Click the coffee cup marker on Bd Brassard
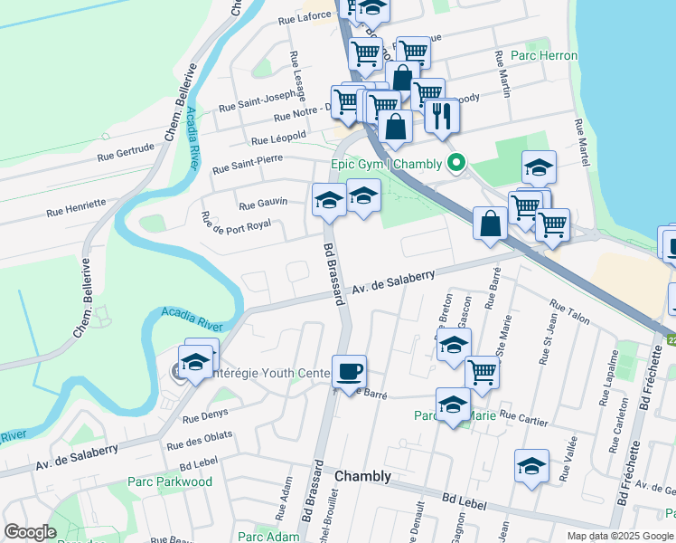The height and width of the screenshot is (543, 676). click(x=349, y=371)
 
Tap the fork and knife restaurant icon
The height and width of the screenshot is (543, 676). click(x=442, y=115)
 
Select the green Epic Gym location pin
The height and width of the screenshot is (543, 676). click(x=457, y=163)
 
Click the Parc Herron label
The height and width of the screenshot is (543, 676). click(x=544, y=55)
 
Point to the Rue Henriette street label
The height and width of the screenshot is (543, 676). click(x=77, y=214)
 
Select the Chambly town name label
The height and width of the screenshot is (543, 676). click(x=363, y=476)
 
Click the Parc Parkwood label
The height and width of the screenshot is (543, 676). click(x=170, y=481)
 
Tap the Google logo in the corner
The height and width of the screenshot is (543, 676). click(x=31, y=532)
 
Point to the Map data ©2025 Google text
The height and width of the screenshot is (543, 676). click(x=619, y=536)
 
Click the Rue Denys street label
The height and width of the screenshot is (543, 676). click(x=202, y=418)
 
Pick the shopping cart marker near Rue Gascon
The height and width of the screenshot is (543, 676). click(x=483, y=372)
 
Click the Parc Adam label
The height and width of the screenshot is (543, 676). click(x=268, y=537)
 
